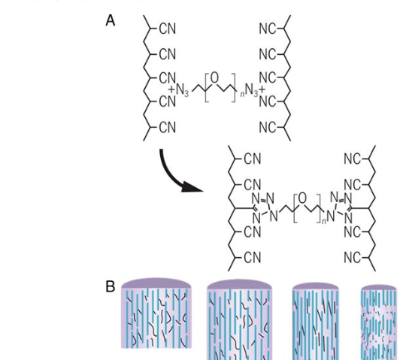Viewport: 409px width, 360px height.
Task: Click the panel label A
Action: [110, 20]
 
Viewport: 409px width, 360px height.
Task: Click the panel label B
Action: [110, 286]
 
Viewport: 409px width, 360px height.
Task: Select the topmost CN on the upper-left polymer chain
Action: [168, 29]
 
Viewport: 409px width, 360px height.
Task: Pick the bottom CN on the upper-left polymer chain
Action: [168, 128]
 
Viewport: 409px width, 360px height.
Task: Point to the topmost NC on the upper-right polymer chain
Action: [268, 29]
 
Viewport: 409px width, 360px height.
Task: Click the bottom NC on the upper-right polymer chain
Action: [268, 128]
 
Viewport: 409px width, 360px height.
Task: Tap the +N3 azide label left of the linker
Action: [178, 90]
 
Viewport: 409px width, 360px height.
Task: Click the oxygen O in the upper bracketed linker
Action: [214, 77]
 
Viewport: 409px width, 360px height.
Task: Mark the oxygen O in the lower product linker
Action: [302, 198]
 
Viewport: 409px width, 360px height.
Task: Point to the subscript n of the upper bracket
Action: [242, 94]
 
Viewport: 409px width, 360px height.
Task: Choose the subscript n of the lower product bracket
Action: [324, 221]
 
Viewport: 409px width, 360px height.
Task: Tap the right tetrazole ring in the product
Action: [341, 207]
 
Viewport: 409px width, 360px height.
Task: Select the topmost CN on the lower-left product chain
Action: [253, 159]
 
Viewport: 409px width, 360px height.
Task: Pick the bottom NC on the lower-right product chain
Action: [353, 258]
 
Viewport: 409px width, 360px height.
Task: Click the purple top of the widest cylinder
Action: [156, 283]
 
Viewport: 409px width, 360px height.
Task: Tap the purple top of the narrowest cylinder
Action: [379, 288]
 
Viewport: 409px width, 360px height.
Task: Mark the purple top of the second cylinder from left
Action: [239, 285]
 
